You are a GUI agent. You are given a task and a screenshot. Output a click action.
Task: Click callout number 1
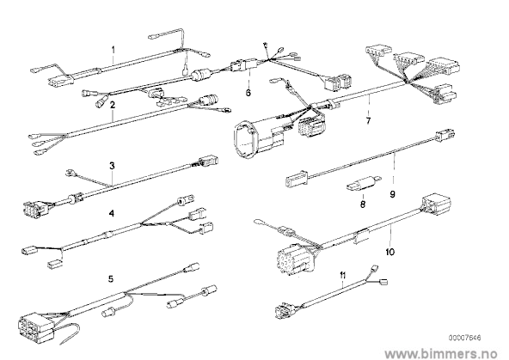tap(113, 50)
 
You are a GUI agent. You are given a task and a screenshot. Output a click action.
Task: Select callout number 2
tap(113, 105)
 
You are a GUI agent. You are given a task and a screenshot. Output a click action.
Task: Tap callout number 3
tap(112, 166)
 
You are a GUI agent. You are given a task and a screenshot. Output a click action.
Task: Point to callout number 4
tap(112, 213)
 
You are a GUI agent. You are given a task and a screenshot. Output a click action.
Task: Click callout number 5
tap(111, 278)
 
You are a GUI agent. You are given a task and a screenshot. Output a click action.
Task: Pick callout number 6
tap(248, 93)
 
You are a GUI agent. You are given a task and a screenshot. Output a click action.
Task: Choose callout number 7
tap(368, 121)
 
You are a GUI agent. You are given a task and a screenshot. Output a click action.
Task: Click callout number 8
tap(363, 204)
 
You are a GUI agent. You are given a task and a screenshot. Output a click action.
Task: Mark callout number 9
tap(392, 194)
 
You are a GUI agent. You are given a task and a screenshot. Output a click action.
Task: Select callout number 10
tap(389, 252)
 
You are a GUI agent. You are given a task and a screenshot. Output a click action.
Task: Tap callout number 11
tap(343, 275)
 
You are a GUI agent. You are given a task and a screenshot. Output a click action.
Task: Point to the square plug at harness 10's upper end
tap(436, 205)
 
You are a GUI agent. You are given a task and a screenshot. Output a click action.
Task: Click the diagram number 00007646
tap(465, 338)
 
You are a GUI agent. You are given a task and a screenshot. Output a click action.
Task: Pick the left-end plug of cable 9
tap(297, 179)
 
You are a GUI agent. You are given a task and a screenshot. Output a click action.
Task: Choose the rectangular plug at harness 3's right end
tap(207, 162)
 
